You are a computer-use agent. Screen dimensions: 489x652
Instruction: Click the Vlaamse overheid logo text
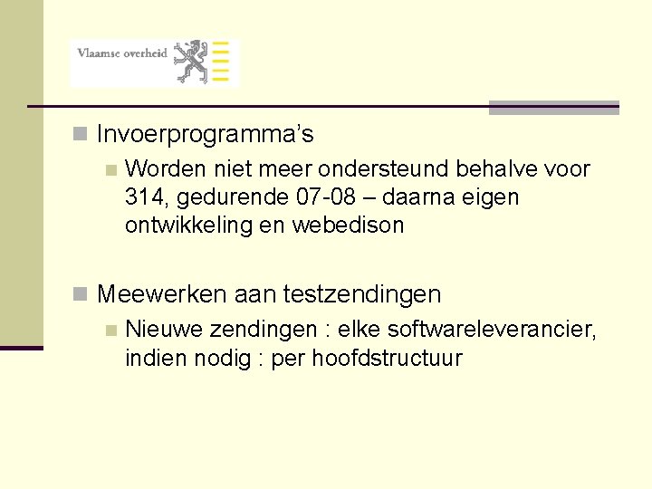tap(122, 53)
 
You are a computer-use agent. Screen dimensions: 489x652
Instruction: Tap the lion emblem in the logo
tap(191, 62)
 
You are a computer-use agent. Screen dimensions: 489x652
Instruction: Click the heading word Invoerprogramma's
tap(205, 136)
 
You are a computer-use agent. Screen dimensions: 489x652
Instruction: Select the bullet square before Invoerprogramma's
tap(81, 135)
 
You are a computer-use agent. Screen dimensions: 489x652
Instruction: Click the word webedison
tap(348, 225)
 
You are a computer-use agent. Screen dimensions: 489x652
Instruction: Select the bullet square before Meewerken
tap(81, 293)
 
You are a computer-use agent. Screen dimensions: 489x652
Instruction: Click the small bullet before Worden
tap(110, 169)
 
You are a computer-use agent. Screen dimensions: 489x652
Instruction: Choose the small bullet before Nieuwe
tap(110, 331)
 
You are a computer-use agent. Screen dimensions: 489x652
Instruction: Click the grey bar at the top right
tap(553, 108)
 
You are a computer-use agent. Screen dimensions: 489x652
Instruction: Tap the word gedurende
tap(222, 197)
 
